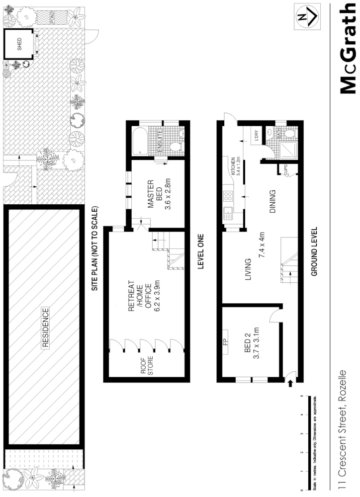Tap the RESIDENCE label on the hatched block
tap(45, 328)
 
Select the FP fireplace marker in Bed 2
tap(225, 342)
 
